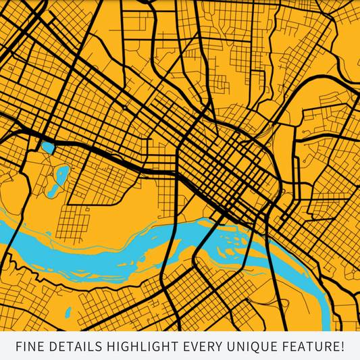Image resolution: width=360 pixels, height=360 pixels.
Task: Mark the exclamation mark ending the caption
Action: (342, 346)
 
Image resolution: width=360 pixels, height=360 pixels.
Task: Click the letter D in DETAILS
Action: (50, 346)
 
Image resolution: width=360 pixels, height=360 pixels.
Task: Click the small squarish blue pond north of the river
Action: (47, 147)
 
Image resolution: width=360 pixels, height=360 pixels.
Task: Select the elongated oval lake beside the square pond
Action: (61, 177)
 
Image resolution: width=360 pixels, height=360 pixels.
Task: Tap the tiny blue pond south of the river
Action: (68, 313)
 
